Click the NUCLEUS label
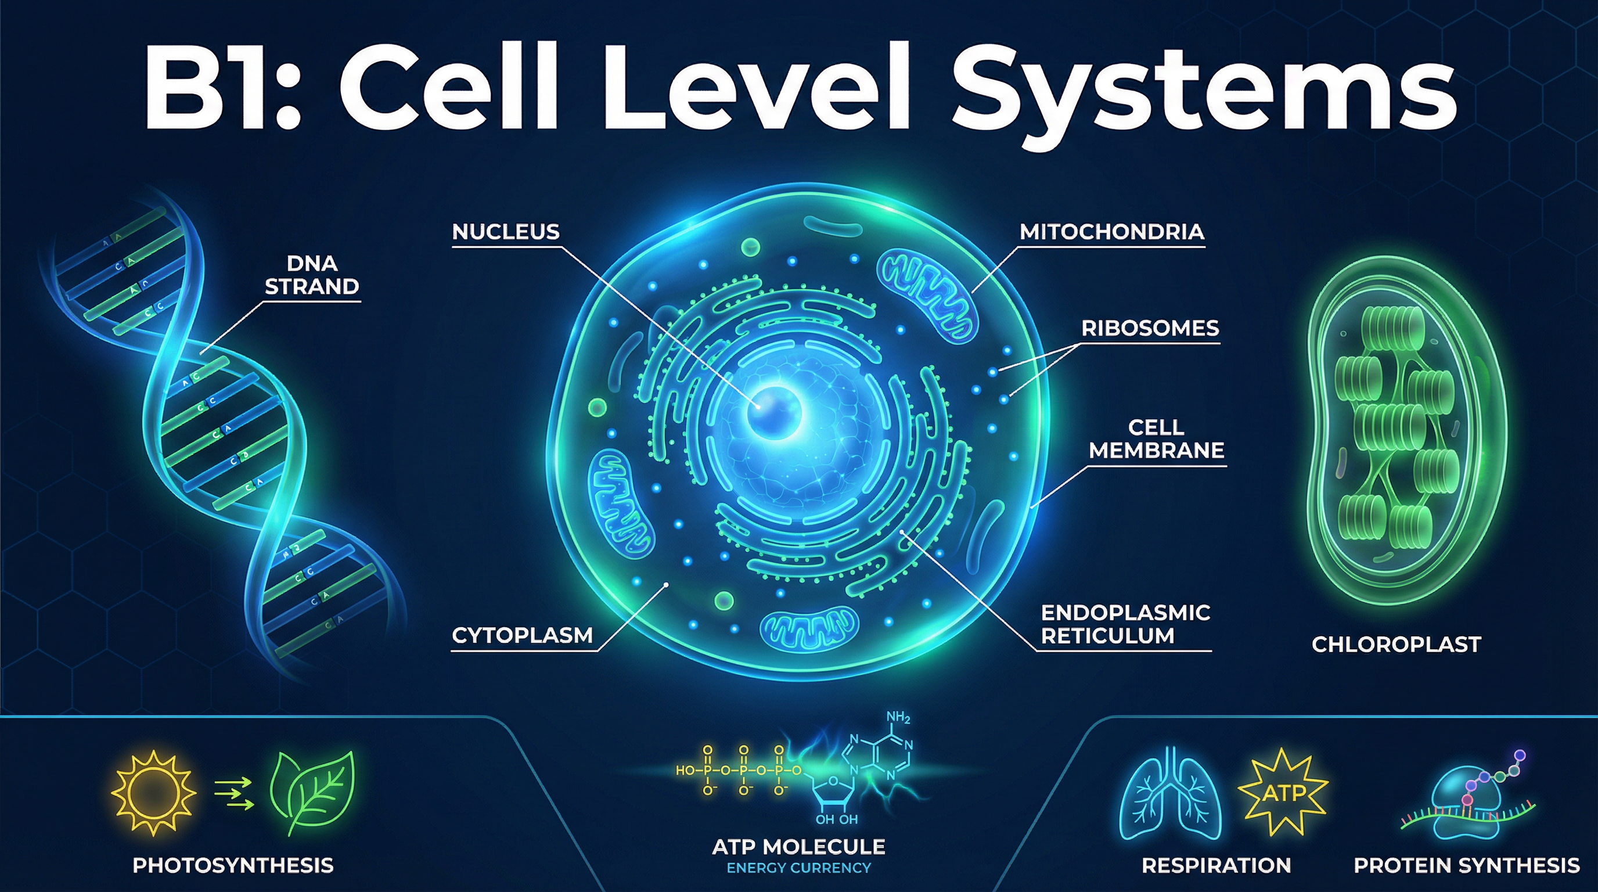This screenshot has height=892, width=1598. [506, 232]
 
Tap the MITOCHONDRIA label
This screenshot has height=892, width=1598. [1111, 232]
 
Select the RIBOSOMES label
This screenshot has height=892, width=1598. [1150, 328]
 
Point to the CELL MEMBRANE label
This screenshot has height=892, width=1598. [1156, 438]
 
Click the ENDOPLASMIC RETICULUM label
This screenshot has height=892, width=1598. [1125, 624]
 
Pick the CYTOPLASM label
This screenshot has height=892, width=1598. [521, 635]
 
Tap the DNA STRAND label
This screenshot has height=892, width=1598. [312, 275]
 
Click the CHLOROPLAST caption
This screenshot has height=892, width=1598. [1396, 645]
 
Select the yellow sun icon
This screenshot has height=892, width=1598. [153, 793]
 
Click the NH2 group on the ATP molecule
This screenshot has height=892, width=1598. [898, 718]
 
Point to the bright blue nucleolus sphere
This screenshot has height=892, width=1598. [773, 412]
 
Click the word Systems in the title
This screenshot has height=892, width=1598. [1204, 90]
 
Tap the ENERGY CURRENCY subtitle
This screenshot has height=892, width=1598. [798, 868]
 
